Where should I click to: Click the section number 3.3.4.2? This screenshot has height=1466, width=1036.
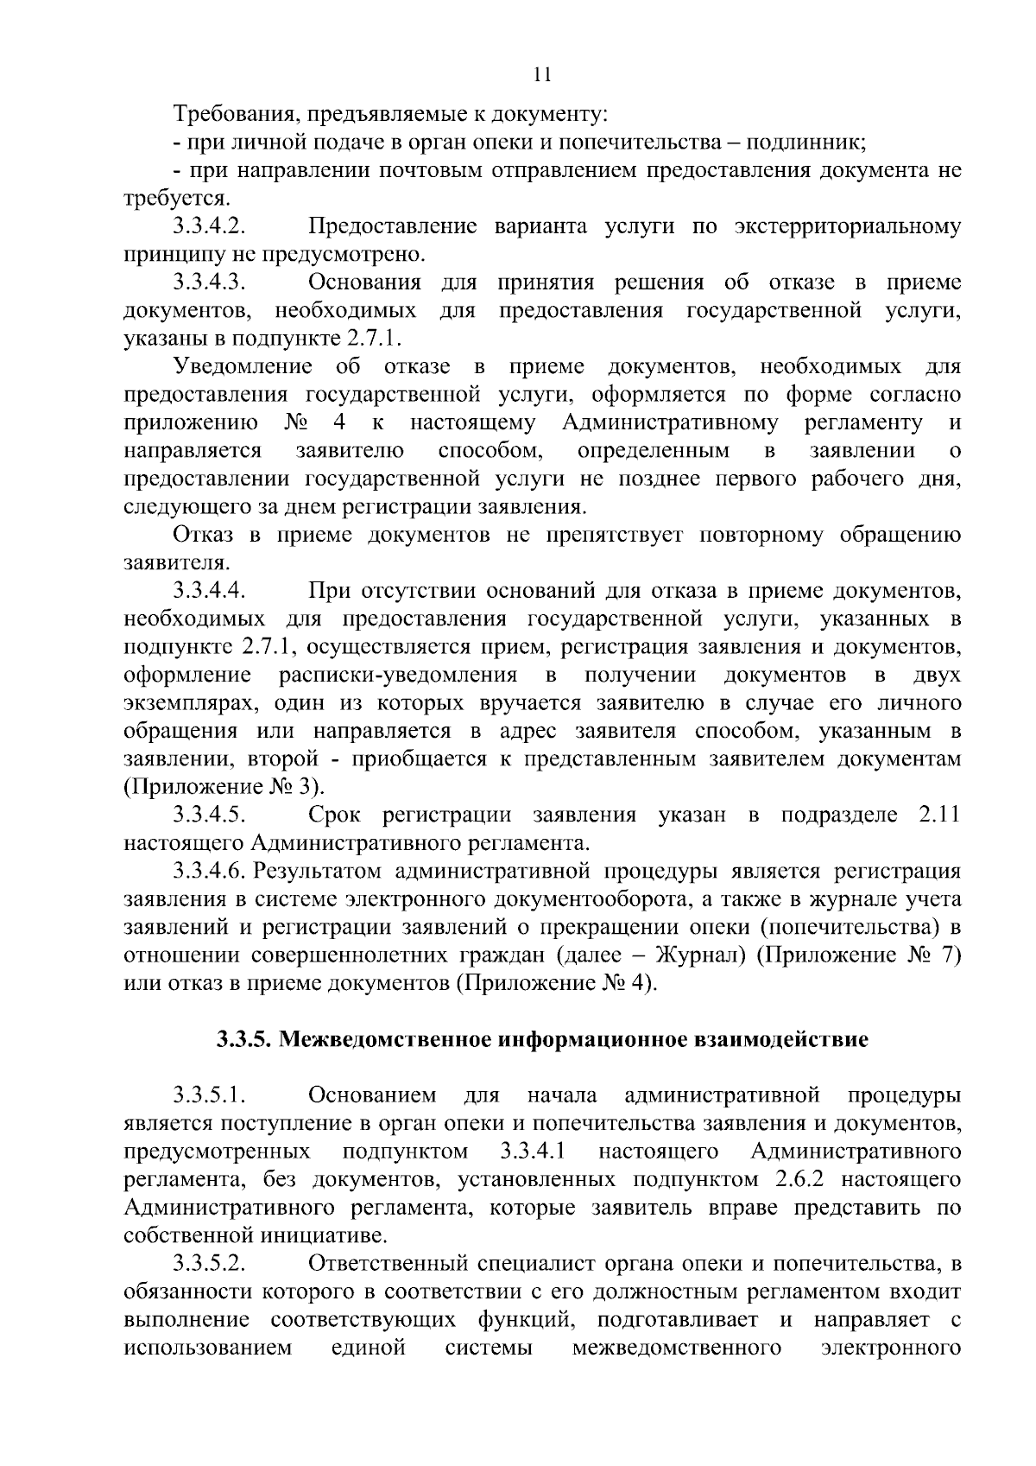[x=210, y=227]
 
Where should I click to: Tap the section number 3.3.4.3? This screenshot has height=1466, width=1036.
[x=210, y=283]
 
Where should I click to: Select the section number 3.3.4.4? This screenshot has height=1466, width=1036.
[x=210, y=592]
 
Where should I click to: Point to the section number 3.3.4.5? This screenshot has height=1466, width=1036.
[x=210, y=816]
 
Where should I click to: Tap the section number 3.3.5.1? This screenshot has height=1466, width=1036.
[x=210, y=1096]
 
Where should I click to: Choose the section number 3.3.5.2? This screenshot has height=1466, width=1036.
[x=210, y=1265]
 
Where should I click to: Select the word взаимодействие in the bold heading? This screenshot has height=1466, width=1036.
[x=781, y=1040]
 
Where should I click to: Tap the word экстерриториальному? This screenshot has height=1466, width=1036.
[x=847, y=227]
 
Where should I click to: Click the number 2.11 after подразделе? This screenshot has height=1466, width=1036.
[x=937, y=816]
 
